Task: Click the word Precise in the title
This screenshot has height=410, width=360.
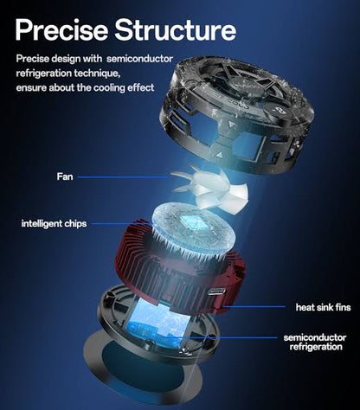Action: pos(61,29)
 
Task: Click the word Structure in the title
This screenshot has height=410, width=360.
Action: pos(176,29)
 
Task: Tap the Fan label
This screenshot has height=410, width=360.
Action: pos(65,176)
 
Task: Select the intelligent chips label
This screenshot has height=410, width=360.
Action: pos(54,223)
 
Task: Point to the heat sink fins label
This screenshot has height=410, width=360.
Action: pos(324,307)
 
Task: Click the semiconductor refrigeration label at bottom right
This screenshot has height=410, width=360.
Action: pos(315,342)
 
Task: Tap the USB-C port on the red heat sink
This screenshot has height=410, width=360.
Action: pos(216,291)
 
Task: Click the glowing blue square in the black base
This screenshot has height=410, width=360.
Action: pos(158,323)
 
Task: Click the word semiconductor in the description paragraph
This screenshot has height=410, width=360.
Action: pos(139,59)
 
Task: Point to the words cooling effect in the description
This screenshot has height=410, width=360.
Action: pos(124,87)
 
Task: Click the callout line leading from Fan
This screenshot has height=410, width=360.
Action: pos(124,176)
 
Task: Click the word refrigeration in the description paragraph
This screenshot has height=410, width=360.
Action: pos(43,74)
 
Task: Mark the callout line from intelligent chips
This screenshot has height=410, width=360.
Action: pos(122,223)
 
